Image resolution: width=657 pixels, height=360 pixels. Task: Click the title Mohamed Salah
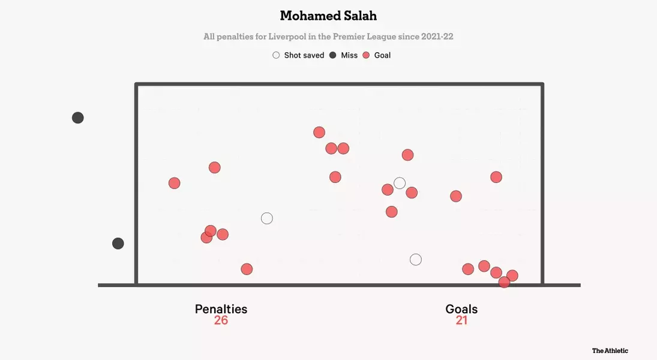328,15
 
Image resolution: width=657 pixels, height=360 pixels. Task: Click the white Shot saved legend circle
276,55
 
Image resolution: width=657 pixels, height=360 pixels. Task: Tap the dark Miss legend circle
333,55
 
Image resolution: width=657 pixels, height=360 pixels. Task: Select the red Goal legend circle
366,55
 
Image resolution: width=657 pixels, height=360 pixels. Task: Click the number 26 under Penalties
221,320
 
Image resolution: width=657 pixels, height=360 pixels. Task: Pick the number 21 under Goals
461,320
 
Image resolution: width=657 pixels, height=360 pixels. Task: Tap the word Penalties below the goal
221,309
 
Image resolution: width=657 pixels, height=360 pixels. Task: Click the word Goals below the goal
461,309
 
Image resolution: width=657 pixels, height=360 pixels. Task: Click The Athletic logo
610,350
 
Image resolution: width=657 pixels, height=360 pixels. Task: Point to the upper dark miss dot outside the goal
77,118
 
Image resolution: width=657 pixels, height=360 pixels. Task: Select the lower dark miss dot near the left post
118,244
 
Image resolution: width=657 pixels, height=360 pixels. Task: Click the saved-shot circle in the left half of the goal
267,218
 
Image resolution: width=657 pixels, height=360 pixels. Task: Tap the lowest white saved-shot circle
416,260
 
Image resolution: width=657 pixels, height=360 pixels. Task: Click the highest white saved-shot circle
400,183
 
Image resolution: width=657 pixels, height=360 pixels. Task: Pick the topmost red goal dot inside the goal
319,132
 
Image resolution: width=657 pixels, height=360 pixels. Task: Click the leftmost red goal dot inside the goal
174,183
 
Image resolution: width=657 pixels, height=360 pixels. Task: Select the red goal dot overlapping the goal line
504,282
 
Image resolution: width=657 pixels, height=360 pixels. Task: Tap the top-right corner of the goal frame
542,85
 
